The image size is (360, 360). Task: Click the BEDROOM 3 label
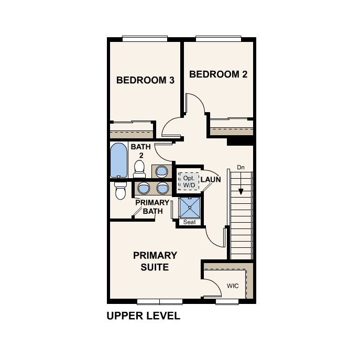[x=145, y=80]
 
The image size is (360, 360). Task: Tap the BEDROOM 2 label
[x=218, y=74]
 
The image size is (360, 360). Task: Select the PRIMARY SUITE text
[x=155, y=261]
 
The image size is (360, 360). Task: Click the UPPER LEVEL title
[x=143, y=316]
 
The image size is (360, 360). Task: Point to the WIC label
[x=233, y=286]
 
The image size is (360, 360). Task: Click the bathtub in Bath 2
[x=118, y=160]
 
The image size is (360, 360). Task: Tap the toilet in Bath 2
[x=139, y=168]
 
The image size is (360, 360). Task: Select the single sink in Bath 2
[x=161, y=171]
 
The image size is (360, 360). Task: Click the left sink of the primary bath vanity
[x=144, y=188]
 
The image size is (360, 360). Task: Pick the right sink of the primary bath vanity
[x=162, y=188]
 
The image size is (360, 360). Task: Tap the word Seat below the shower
[x=189, y=222]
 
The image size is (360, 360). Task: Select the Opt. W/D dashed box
[x=188, y=181]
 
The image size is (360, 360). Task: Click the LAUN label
[x=210, y=179]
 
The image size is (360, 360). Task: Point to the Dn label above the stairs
[x=241, y=168]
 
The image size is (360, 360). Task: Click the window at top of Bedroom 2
[x=219, y=38]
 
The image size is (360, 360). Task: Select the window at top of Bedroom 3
[x=145, y=38]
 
